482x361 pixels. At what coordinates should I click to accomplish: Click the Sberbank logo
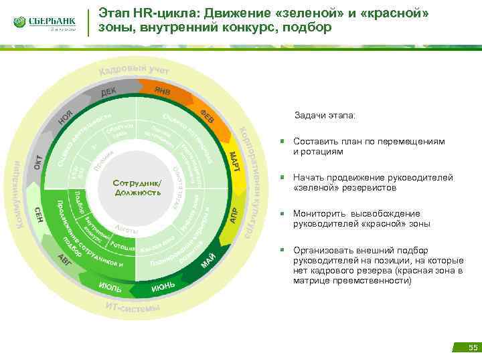(x=43, y=23)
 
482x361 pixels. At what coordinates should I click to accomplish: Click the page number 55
(x=473, y=348)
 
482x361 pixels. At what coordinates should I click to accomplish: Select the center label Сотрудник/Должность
(x=137, y=188)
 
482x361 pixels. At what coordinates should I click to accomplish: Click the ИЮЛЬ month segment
(x=110, y=287)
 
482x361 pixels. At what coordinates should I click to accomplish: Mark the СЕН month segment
(x=40, y=215)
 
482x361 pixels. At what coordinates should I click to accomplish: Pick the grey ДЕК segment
(x=109, y=92)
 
